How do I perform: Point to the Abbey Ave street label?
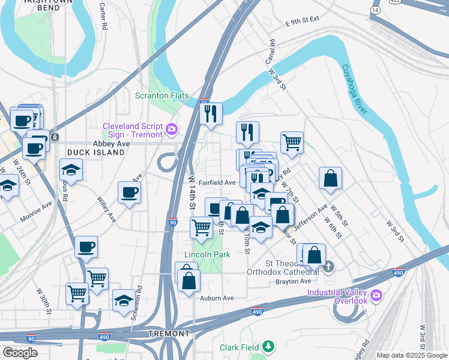[x=111, y=144]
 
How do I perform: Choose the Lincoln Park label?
[x=207, y=255]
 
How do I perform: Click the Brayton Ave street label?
[x=294, y=281]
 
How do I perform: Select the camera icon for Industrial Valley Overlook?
[x=376, y=295]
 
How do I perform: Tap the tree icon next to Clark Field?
[x=270, y=347]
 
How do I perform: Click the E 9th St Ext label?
[x=303, y=22]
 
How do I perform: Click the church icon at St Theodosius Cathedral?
[x=328, y=266]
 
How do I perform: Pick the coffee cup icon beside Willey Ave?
[x=130, y=193]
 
